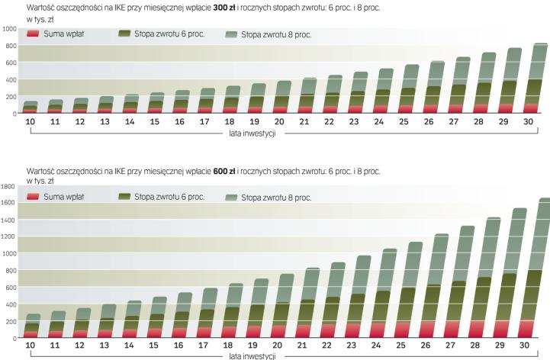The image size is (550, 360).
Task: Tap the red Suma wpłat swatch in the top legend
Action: pos(33,34)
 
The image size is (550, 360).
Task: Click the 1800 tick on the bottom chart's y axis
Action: pos(9,186)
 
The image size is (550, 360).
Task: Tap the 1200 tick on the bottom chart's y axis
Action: pos(9,236)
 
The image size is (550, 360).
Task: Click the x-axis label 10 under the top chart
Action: pos(32,121)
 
